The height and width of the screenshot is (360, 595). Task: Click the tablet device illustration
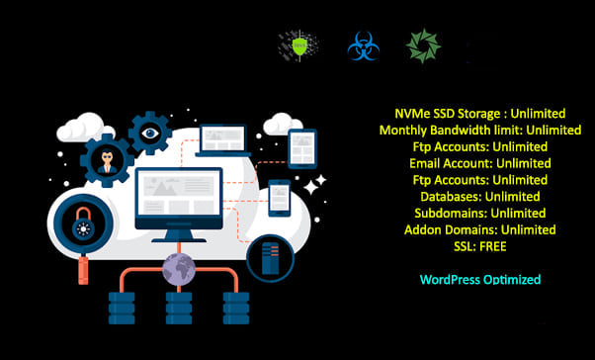click(301, 147)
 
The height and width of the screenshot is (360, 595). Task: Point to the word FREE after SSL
click(492, 246)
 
